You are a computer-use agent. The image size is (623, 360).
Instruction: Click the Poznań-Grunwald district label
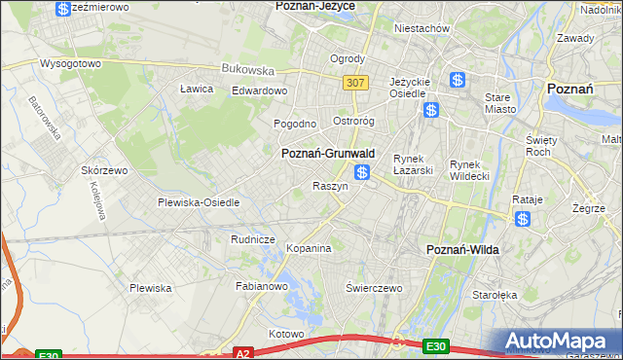pos(328,154)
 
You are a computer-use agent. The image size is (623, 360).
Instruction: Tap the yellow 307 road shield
pos(354,83)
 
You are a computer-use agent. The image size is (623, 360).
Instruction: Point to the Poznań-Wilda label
pos(463,250)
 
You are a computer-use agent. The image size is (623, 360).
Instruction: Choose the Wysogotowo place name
pos(70,63)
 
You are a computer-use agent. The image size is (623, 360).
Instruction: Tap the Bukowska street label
pos(248,69)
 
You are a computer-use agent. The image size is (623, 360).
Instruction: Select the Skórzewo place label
pos(105,169)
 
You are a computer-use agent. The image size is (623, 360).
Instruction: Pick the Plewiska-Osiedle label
pos(199,202)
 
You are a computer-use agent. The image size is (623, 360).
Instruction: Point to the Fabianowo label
pos(262,286)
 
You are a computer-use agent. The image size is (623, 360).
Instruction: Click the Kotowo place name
pos(287,334)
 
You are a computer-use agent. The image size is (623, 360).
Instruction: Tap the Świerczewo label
pos(375,288)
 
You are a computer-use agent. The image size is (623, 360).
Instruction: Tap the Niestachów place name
pos(421,28)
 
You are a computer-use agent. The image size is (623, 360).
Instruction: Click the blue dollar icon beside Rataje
pos(523,219)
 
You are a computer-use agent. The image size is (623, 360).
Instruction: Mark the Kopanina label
pos(310,248)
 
